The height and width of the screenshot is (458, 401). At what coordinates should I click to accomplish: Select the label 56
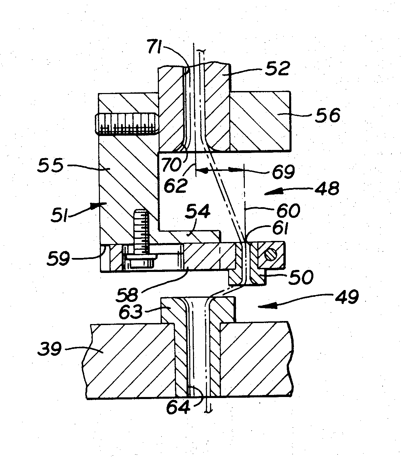[328, 115]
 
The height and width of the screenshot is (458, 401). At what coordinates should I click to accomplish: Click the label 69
[283, 172]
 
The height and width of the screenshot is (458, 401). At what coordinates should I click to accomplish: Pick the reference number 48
[327, 188]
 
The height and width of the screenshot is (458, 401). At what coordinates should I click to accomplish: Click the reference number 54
[197, 211]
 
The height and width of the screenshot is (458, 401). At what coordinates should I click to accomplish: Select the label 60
[288, 210]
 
